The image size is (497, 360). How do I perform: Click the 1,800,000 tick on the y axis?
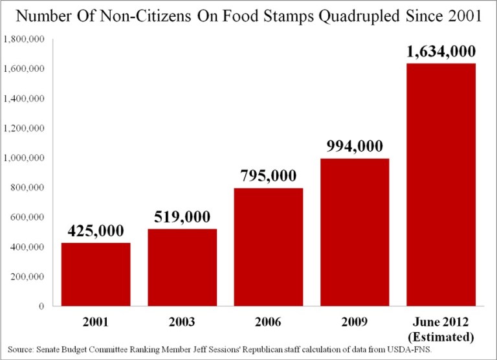pyautogui.click(x=23, y=39)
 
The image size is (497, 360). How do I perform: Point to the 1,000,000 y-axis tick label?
pyautogui.click(x=23, y=158)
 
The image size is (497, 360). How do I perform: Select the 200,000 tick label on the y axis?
pyautogui.click(x=26, y=276)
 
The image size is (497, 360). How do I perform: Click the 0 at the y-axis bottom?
pyautogui.click(x=41, y=306)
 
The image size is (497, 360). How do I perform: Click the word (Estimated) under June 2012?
pyautogui.click(x=440, y=337)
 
